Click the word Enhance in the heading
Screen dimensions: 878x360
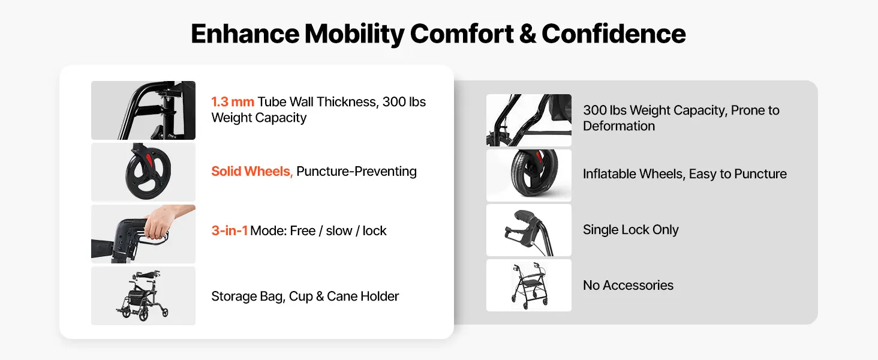[245, 34]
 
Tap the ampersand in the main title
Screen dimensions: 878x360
[527, 34]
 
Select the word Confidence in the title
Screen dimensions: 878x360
[614, 34]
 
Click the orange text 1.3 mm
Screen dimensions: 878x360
[233, 102]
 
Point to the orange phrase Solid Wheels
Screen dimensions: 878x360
[252, 172]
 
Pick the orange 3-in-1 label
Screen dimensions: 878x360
[229, 230]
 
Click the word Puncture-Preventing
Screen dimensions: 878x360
[356, 172]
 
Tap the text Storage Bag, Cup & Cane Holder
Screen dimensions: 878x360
[305, 296]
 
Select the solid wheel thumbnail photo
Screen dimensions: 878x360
[143, 172]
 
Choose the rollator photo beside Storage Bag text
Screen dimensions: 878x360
[143, 296]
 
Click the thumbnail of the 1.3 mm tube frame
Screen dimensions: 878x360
[143, 110]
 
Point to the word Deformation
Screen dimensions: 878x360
[619, 126]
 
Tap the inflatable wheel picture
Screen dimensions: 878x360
[529, 175]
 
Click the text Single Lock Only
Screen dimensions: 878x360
[631, 230]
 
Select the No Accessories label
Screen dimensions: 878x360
[628, 285]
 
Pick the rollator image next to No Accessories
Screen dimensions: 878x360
[529, 285]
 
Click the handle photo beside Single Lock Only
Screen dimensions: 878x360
[529, 230]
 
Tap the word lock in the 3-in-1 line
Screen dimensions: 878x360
[374, 230]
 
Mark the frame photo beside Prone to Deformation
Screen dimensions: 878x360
[529, 120]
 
